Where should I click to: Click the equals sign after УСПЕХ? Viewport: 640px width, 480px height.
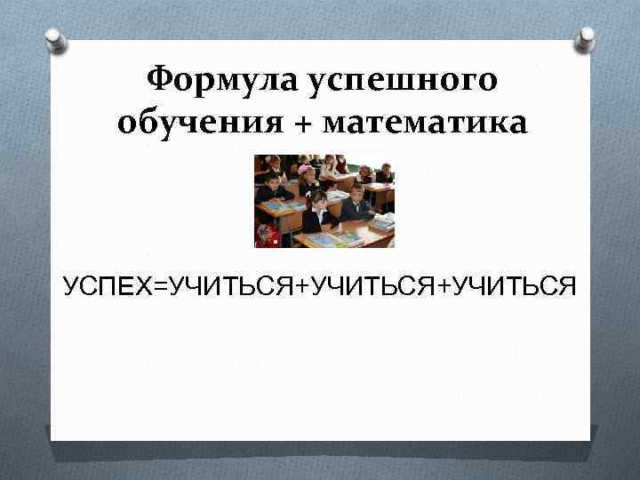(158, 286)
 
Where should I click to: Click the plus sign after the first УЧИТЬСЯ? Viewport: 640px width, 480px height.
(297, 286)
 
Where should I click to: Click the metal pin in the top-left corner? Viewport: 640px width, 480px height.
(54, 39)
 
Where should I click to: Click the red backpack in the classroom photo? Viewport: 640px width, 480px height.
(265, 235)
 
